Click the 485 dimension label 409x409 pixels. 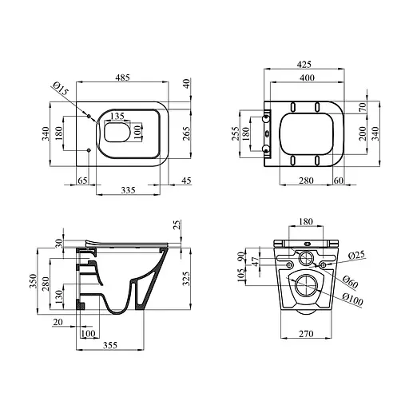click(x=122, y=77)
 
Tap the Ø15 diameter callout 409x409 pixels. click(x=61, y=89)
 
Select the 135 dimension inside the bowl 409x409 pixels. click(x=117, y=116)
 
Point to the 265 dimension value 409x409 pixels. click(x=187, y=133)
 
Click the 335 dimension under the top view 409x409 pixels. click(x=128, y=190)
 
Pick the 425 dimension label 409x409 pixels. click(x=304, y=64)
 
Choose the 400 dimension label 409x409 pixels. click(x=307, y=77)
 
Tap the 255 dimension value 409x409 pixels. click(x=236, y=133)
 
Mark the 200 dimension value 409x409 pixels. click(x=363, y=133)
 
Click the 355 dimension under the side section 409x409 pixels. click(x=110, y=345)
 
